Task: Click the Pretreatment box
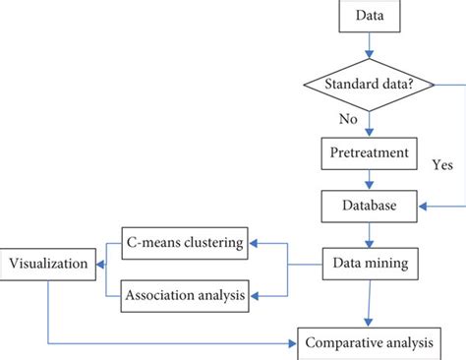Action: [x=368, y=153]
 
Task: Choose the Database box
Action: [x=368, y=207]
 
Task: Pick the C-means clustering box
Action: [x=186, y=241]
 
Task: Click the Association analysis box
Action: [x=186, y=292]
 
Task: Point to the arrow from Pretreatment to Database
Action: [x=368, y=180]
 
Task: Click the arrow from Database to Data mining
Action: [x=368, y=234]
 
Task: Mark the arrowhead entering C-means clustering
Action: [x=253, y=241]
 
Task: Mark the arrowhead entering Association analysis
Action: [x=253, y=292]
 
